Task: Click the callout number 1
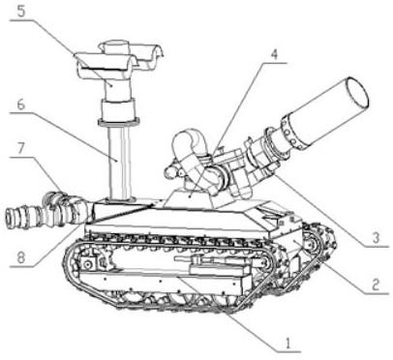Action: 287,343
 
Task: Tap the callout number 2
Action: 375,285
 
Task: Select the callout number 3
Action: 375,238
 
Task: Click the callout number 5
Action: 21,12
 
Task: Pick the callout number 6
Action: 21,105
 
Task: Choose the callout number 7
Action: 21,149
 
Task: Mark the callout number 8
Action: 21,258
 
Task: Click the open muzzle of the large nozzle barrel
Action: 357,94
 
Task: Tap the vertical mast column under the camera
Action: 120,163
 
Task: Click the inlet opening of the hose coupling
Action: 9,218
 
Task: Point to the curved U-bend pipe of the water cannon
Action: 188,145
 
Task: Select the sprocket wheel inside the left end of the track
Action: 87,265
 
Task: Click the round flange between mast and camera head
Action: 118,122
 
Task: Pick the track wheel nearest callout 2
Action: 312,246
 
